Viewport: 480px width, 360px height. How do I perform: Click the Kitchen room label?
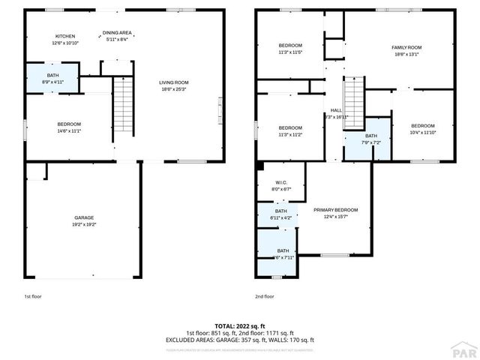(65, 37)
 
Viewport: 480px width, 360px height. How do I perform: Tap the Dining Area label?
(117, 33)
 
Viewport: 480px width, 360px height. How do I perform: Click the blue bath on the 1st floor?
(52, 77)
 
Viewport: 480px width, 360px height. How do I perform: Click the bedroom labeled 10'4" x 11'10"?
(422, 129)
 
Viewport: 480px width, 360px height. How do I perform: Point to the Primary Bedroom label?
(335, 213)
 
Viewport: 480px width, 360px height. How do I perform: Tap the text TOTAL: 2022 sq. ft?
(239, 326)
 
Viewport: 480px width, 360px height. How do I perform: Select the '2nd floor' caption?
(264, 296)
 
